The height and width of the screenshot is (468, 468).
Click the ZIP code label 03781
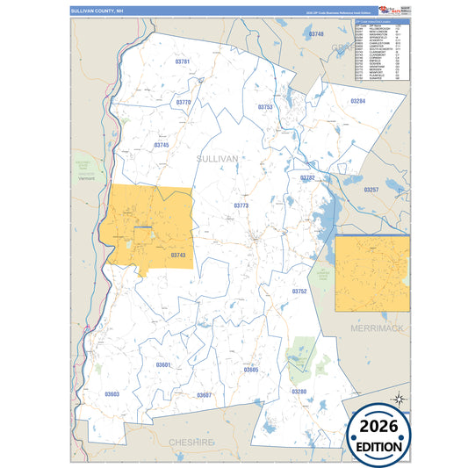coord(183,62)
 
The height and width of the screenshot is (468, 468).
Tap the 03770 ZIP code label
coord(183,103)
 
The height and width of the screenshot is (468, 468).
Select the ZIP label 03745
coord(161,145)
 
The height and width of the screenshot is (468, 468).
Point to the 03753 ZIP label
coord(265,106)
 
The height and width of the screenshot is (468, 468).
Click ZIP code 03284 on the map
coord(357,101)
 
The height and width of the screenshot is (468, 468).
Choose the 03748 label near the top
coord(316,33)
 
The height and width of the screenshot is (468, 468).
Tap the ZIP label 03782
coord(307,177)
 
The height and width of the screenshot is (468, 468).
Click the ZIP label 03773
coord(241,205)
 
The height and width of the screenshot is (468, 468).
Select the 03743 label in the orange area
coord(178,256)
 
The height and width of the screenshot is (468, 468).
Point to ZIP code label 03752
coord(299,291)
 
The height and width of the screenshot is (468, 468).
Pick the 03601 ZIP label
coord(163,364)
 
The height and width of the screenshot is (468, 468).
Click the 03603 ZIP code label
coord(112,394)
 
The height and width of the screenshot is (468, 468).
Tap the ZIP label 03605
coord(251,371)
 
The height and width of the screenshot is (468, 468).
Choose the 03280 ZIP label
coord(299,391)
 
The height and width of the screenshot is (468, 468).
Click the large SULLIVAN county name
coord(218,159)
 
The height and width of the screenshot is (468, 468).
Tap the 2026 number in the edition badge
coord(378,427)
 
